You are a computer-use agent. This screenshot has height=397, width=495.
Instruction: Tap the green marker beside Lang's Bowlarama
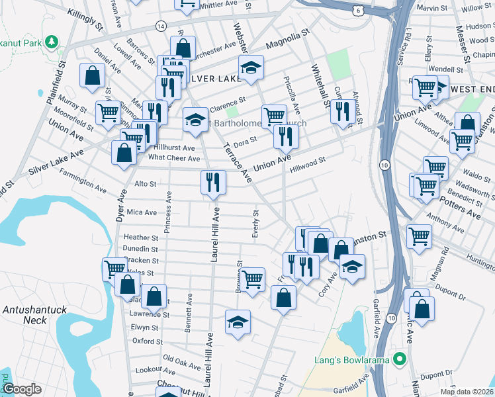[398, 360]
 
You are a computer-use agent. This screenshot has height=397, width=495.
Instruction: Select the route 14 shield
[160, 25]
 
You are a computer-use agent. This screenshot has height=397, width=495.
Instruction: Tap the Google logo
[22, 389]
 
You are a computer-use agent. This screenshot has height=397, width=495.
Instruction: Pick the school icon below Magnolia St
[251, 67]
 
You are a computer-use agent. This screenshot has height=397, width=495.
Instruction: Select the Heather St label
[141, 238]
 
